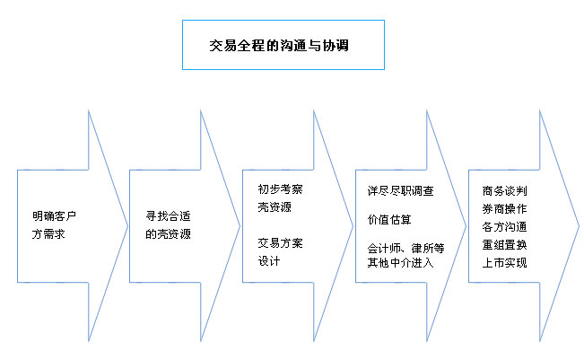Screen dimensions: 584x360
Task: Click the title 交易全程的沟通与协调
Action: click(279, 46)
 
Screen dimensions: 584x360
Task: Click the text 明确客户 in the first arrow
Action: click(54, 215)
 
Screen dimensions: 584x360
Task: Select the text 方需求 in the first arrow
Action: click(48, 234)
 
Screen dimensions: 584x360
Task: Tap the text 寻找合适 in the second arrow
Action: click(168, 215)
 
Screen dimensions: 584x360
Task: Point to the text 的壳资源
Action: click(168, 234)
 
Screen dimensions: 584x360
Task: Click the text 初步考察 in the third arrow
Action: click(281, 189)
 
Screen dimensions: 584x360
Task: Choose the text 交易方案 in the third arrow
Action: click(281, 243)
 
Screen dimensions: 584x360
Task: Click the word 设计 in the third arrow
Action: click(269, 261)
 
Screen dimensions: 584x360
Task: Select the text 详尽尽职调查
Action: click(401, 191)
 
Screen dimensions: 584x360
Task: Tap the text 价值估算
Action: click(389, 220)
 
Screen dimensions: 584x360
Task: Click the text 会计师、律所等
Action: click(406, 248)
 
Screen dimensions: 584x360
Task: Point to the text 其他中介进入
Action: click(401, 263)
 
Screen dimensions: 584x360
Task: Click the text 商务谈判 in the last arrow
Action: click(505, 191)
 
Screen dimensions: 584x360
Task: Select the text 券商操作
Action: click(505, 208)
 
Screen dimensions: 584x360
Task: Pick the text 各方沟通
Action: click(505, 226)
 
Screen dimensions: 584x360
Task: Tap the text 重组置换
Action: click(505, 245)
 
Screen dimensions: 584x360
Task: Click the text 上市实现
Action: click(505, 263)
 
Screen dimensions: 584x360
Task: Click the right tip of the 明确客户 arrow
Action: click(127, 226)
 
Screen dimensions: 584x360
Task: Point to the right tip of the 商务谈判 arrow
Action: click(580, 226)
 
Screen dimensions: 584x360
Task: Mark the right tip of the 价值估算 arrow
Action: click(466, 226)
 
